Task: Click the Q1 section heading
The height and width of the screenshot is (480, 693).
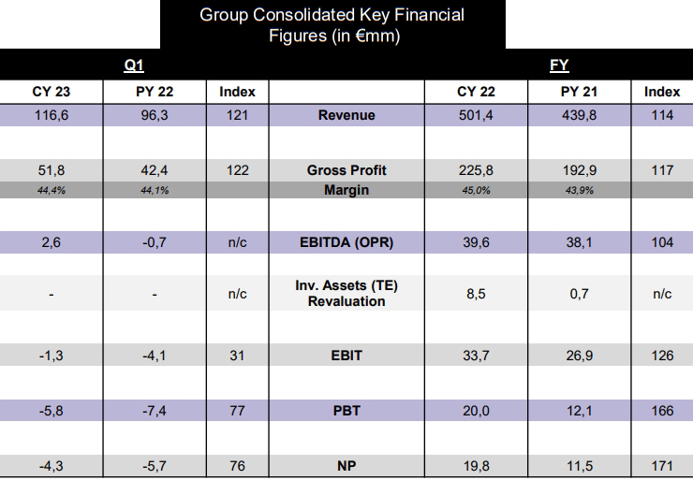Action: coord(134,65)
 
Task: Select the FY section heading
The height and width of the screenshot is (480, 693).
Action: coord(559,65)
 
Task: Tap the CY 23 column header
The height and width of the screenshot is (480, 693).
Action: coord(52,92)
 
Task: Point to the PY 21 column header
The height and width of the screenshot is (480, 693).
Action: coord(579,92)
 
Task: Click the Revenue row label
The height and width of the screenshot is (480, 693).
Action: coord(346,115)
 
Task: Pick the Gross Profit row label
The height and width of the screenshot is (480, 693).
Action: coord(346,170)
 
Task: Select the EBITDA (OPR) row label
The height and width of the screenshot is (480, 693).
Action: coord(346,242)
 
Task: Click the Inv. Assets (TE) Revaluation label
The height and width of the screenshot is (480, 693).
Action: coord(346,293)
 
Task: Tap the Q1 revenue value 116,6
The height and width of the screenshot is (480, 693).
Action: coord(52,115)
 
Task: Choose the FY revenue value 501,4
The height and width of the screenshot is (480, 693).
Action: coord(476,115)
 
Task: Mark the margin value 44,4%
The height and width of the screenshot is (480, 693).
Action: coord(52,190)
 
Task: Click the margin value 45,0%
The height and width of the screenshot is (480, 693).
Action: coord(476,190)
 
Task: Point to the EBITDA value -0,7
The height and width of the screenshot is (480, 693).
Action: coord(155,242)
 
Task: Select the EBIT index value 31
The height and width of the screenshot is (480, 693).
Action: coord(237,356)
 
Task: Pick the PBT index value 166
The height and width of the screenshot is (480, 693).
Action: coord(662,411)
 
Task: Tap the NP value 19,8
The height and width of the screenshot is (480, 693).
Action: coord(476,466)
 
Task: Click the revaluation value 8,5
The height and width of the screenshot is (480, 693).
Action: coord(476,294)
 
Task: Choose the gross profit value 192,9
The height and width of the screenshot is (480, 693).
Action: coord(579,170)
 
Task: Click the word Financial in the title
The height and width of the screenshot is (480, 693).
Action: coord(429,15)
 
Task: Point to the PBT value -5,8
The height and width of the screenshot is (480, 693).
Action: coord(52,411)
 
